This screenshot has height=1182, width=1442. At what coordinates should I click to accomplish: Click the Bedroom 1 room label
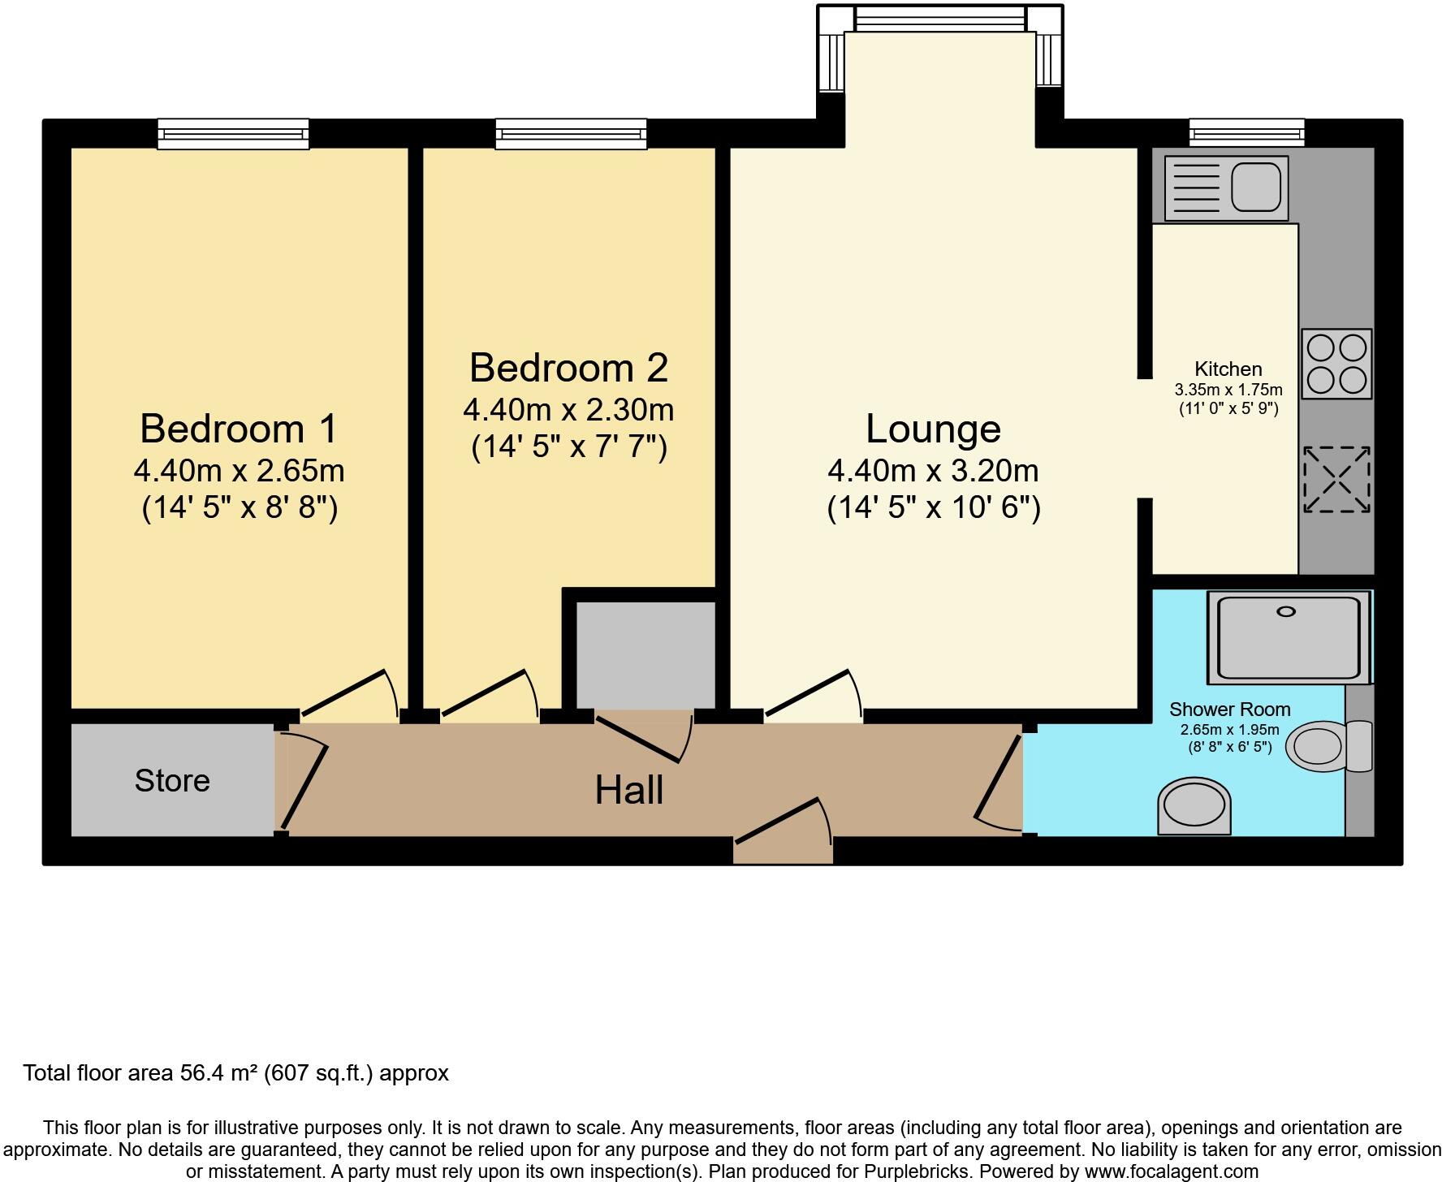[x=238, y=429]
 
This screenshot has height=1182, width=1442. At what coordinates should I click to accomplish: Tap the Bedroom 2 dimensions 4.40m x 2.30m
[x=568, y=410]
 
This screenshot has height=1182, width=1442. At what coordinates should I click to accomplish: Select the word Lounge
[x=933, y=429]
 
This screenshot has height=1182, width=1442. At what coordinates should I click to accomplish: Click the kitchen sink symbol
[x=1226, y=188]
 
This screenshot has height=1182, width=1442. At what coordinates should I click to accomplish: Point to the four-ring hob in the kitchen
[x=1336, y=364]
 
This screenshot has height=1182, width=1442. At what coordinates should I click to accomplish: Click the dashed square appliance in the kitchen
[x=1336, y=480]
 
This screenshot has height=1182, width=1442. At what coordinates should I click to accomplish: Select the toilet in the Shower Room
[x=1328, y=745]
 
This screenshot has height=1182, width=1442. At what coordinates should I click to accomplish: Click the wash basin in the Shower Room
[x=1194, y=807]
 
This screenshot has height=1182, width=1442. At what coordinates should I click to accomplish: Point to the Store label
[x=172, y=781]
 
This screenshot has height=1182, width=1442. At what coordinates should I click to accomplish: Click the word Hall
[x=628, y=791]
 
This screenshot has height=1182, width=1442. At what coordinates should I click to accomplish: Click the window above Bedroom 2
[x=571, y=134]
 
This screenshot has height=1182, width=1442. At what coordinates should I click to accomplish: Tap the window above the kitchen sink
[x=1246, y=132]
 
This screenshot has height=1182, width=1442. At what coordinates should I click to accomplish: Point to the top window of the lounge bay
[x=940, y=19]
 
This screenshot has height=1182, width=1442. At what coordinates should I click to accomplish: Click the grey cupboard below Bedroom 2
[x=645, y=654]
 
